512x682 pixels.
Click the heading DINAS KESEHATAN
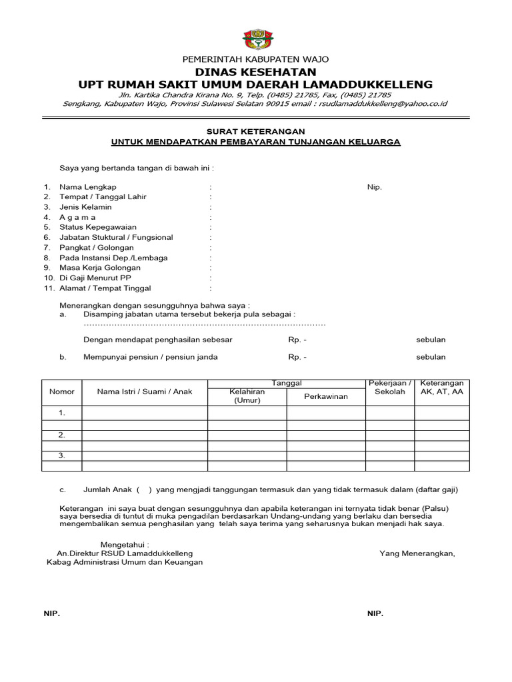[x=255, y=71]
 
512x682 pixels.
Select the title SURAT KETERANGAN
[x=255, y=132]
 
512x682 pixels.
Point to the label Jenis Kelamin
[x=85, y=207]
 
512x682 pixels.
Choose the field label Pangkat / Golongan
[x=96, y=248]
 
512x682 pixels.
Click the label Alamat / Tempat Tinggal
[x=105, y=288]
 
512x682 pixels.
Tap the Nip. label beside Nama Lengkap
[x=374, y=187]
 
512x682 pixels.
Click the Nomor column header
[x=62, y=392]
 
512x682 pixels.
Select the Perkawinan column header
[x=326, y=396]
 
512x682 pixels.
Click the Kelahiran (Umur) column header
[x=247, y=396]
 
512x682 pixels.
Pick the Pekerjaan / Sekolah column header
[x=390, y=388]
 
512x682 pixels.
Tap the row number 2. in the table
[x=61, y=435]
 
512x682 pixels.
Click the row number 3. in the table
[x=61, y=456]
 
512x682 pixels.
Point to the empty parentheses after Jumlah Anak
[x=144, y=490]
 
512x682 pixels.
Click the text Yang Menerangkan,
[x=417, y=553]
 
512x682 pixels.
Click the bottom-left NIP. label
[x=51, y=613]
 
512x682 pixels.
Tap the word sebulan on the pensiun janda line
[x=431, y=357]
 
